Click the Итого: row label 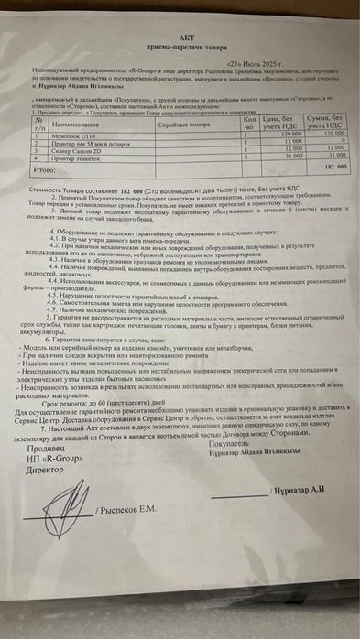[x=45, y=169]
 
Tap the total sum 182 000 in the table [x=333, y=169]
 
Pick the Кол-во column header [x=250, y=122]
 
